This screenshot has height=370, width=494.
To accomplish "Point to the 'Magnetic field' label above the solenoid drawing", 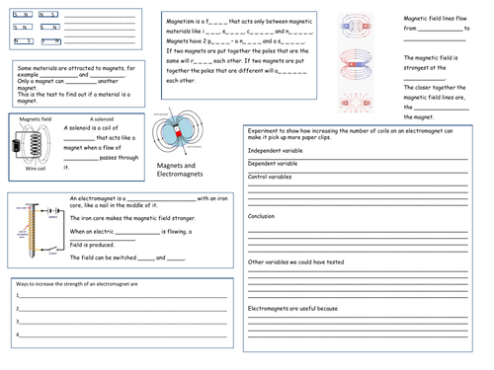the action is pyautogui.click(x=36, y=119).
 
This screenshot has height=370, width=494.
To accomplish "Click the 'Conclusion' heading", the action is pyautogui.click(x=262, y=215).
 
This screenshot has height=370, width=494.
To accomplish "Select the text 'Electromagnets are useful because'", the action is pyautogui.click(x=293, y=309).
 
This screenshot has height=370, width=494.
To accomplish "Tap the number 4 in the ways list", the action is pyautogui.click(x=18, y=333).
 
